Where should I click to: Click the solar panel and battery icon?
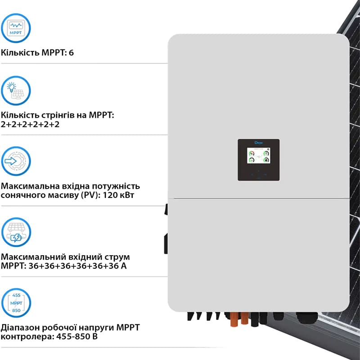(17, 232)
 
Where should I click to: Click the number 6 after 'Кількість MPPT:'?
(71, 53)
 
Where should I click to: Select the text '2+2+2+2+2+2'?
(30, 124)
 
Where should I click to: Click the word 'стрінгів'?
(51, 115)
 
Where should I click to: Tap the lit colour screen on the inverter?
(259, 158)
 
